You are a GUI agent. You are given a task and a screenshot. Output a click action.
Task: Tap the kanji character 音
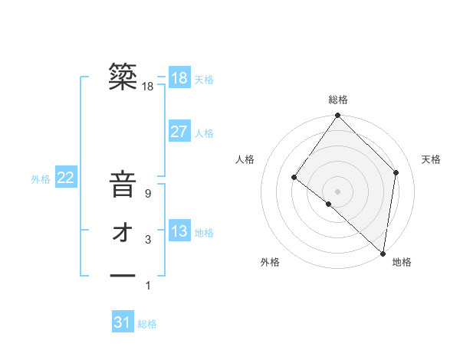tap(123, 186)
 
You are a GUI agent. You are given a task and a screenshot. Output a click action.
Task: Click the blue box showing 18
tap(179, 78)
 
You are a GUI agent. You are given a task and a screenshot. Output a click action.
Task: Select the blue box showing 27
tap(179, 132)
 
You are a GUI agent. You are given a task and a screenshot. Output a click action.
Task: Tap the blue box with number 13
tap(179, 231)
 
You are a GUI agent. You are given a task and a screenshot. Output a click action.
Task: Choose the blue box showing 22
tap(66, 178)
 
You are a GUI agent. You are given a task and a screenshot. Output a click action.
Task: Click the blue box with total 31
tap(123, 322)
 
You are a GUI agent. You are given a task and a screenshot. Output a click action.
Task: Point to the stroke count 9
tap(147, 195)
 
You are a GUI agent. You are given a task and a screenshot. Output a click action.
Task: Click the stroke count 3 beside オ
tap(147, 240)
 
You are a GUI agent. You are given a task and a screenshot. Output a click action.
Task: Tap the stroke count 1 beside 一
tap(147, 286)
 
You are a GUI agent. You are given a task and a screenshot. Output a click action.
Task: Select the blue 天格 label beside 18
tap(204, 80)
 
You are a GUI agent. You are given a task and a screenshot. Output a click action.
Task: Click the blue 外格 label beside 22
tap(41, 179)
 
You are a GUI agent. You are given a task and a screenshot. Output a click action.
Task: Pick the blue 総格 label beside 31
tap(147, 324)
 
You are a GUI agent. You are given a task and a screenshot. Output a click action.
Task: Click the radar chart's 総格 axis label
tap(337, 100)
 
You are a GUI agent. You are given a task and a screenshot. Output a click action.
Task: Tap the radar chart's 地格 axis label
tap(402, 263)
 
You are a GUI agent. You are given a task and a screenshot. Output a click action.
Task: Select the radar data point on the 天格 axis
tap(396, 172)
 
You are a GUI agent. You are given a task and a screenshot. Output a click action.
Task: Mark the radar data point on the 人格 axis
tap(294, 178)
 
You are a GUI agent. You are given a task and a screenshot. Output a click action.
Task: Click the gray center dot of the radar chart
tap(337, 191)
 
